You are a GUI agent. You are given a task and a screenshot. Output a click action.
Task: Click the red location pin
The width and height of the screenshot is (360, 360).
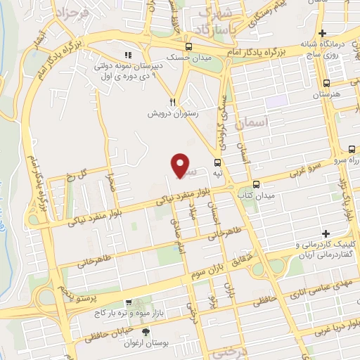181,165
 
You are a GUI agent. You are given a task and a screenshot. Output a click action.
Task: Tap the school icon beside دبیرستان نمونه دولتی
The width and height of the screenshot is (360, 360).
127,55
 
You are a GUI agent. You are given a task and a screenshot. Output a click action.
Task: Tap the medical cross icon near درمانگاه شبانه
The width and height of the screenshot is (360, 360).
322,34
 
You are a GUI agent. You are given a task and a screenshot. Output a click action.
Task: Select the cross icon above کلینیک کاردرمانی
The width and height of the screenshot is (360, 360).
326,233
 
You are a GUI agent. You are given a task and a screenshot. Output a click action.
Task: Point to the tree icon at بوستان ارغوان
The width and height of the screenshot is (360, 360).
146,332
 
